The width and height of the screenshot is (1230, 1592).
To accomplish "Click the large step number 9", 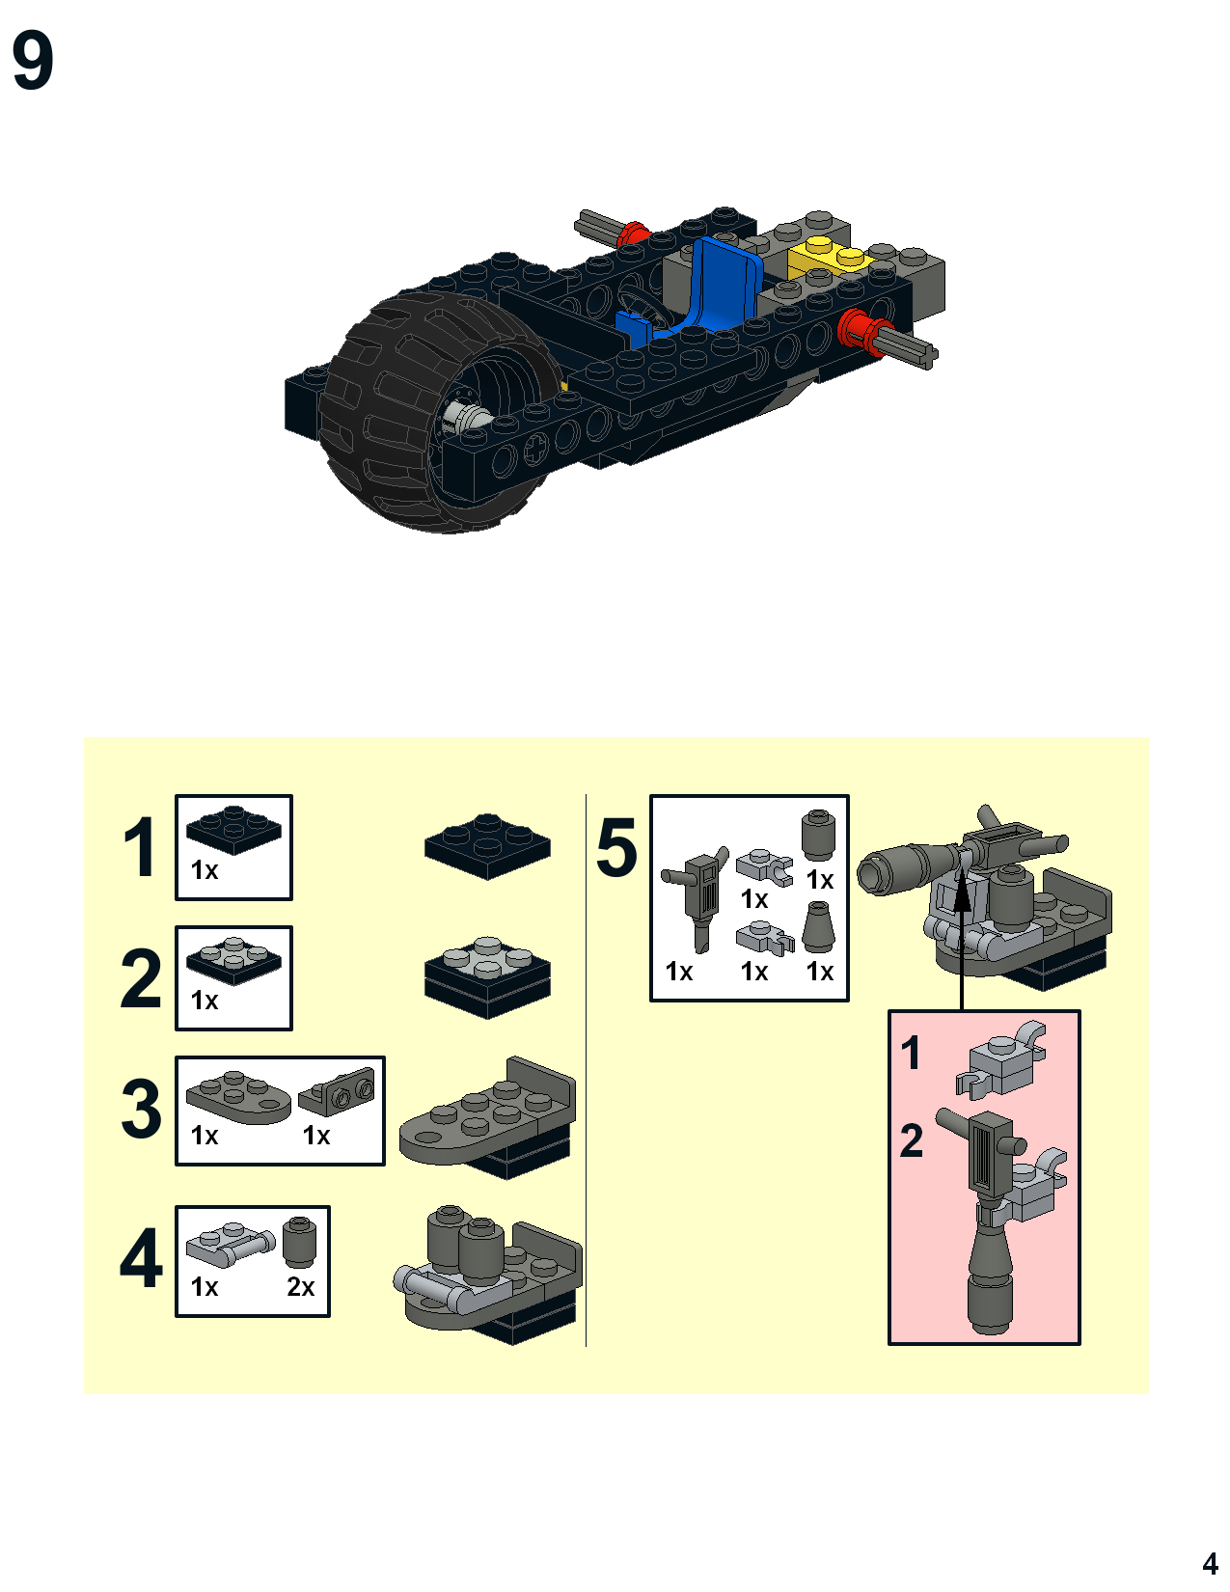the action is tap(33, 60).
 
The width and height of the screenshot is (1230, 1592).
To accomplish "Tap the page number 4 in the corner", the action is tap(1210, 1563).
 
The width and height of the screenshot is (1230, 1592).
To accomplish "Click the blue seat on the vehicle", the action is tap(696, 293).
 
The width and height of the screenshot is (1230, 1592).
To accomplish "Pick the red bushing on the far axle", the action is tap(634, 235).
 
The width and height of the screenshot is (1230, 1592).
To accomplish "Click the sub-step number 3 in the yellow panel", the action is tap(141, 1109).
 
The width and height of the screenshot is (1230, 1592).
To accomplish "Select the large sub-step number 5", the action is tap(616, 848).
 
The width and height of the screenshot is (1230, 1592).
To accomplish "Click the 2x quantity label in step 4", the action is tap(300, 1286).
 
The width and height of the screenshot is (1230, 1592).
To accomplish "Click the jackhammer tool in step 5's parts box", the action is tap(697, 899).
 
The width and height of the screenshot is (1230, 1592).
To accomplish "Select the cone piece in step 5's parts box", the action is tap(818, 927).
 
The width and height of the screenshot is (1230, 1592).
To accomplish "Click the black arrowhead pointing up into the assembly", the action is tap(962, 894).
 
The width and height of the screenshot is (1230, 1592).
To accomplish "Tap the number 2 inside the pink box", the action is tap(912, 1140).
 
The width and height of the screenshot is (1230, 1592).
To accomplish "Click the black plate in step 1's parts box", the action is tap(233, 830).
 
